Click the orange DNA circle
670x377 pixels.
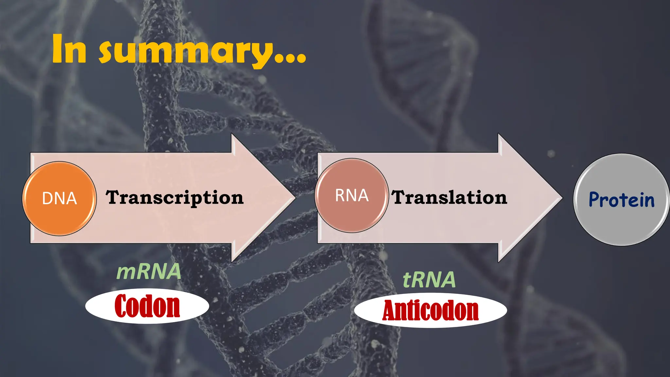tap(59, 199)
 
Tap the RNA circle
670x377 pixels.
tap(352, 196)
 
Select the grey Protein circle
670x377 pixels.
tap(621, 200)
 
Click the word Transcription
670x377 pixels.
tap(175, 198)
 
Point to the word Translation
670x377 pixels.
tap(450, 198)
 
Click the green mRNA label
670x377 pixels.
tap(149, 272)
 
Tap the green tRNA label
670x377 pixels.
tap(429, 280)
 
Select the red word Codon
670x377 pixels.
tap(147, 306)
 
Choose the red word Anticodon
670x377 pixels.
tap(431, 311)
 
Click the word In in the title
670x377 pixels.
tap(69, 49)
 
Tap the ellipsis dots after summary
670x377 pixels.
tap(290, 59)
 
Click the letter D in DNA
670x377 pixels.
tap(48, 199)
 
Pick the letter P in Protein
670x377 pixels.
tap(595, 200)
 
